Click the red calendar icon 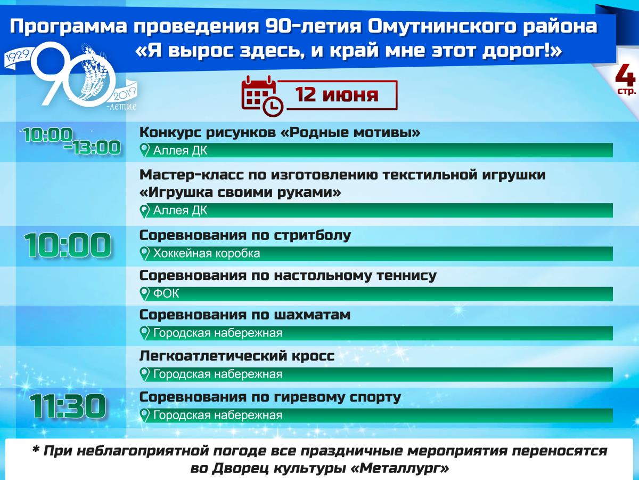(x=262, y=96)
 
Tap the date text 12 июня (x=337, y=95)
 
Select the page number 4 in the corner (x=625, y=76)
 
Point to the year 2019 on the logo (x=124, y=93)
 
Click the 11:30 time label (x=68, y=406)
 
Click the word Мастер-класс (x=192, y=174)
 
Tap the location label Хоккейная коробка (x=207, y=253)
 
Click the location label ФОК (x=166, y=293)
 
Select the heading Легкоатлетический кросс (x=237, y=356)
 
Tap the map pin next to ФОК (x=144, y=294)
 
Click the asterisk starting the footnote (x=36, y=450)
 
